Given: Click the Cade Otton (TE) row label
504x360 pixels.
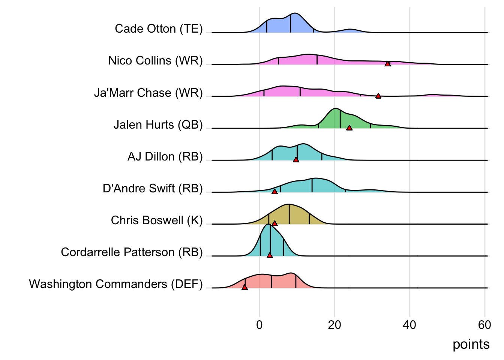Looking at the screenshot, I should pyautogui.click(x=159, y=29).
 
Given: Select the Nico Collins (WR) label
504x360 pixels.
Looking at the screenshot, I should pyautogui.click(x=155, y=61).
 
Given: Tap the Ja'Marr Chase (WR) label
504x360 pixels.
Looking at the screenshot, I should pyautogui.click(x=148, y=93).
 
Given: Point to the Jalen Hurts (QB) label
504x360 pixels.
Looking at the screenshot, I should pyautogui.click(x=158, y=124).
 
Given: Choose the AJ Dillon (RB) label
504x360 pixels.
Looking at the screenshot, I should pyautogui.click(x=165, y=156).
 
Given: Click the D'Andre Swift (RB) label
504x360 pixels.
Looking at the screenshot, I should pyautogui.click(x=153, y=188).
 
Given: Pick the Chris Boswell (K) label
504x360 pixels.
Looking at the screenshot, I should pyautogui.click(x=157, y=220).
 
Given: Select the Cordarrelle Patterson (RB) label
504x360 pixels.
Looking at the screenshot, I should pyautogui.click(x=132, y=252).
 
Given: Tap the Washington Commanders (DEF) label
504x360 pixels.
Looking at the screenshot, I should pyautogui.click(x=115, y=284).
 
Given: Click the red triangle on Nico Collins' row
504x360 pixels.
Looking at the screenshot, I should pyautogui.click(x=387, y=64).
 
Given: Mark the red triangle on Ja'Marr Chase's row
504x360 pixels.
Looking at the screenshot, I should pyautogui.click(x=378, y=96).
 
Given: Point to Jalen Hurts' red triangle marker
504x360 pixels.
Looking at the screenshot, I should pyautogui.click(x=349, y=128).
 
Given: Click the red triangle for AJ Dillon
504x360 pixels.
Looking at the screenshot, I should pyautogui.click(x=296, y=160).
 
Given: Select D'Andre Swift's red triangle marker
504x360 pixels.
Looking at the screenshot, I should pyautogui.click(x=274, y=192).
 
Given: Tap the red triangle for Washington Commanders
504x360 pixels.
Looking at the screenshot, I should pyautogui.click(x=244, y=287).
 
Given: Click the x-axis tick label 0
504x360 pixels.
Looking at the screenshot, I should pyautogui.click(x=259, y=325).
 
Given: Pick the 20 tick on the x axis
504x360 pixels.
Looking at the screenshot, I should pyautogui.click(x=334, y=325).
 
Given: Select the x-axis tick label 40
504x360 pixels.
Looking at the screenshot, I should pyautogui.click(x=409, y=325).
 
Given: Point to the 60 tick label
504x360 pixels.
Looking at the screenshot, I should pyautogui.click(x=484, y=325).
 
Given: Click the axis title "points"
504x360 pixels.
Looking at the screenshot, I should pyautogui.click(x=471, y=344).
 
